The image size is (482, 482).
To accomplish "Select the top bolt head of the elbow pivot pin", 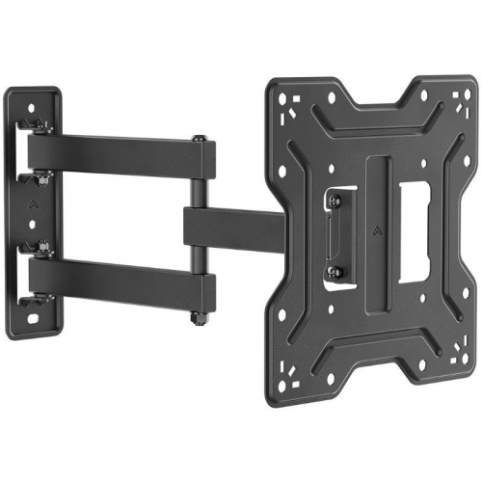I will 198,140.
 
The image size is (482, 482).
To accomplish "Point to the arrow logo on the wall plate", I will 36,204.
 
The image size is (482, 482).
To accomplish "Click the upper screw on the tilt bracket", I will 335,201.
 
